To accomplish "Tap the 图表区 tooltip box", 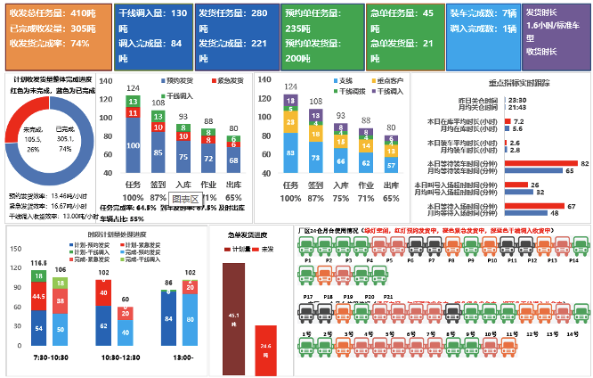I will (183, 198).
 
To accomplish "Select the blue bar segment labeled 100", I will (132, 145).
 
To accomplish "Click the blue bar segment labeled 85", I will (158, 152).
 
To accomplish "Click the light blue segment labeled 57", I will (390, 164).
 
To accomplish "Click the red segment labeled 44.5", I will (38, 295).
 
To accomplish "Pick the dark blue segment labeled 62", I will (102, 326).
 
